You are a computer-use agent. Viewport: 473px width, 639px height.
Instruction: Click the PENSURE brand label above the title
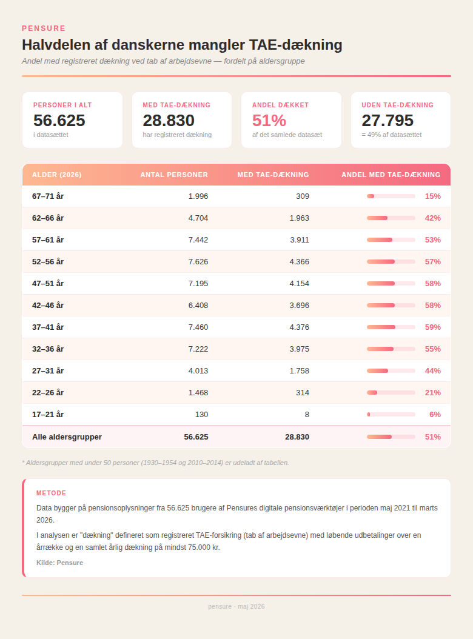[x=44, y=28]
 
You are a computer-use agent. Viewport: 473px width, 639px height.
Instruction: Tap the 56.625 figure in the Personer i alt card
[x=59, y=120]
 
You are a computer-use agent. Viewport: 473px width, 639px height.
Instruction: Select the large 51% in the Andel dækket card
[x=269, y=120]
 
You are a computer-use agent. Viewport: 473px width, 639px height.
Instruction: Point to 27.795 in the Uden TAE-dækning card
[x=387, y=120]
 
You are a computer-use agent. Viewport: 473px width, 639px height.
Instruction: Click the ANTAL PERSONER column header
[x=174, y=175]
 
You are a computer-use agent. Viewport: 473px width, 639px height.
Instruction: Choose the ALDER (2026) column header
[x=56, y=175]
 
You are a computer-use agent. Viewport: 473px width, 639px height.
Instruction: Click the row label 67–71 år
[x=48, y=196]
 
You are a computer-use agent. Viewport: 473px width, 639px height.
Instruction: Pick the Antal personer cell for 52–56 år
[x=198, y=262]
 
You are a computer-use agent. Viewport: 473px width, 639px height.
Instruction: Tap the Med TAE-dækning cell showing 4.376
[x=300, y=327]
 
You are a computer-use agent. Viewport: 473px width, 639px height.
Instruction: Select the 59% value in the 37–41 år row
[x=432, y=327]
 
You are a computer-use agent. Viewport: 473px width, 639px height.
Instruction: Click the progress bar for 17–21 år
[x=391, y=415]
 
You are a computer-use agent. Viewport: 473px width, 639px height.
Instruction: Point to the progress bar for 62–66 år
[x=391, y=218]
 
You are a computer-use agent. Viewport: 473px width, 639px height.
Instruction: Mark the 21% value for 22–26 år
[x=432, y=392]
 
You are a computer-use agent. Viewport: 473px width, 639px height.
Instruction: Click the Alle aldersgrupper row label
[x=67, y=437]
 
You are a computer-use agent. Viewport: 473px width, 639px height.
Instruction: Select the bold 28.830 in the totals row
[x=297, y=437]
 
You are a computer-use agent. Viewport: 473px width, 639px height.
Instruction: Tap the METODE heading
[x=51, y=493]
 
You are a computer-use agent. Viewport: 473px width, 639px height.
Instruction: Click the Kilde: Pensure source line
[x=59, y=563]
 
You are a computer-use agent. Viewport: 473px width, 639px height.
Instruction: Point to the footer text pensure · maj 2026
[x=236, y=606]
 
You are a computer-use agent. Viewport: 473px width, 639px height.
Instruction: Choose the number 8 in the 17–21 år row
[x=307, y=415]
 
